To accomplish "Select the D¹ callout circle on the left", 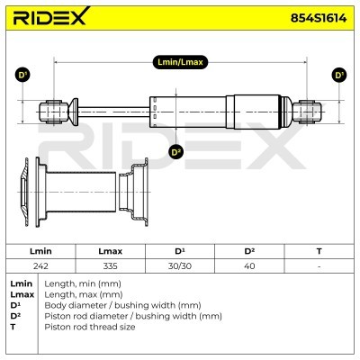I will pos(23,76).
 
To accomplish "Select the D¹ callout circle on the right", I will pos(338,76).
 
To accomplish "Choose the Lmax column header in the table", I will pos(109,252).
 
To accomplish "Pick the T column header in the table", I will pos(319,252).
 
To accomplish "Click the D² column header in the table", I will pos(250,252).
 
